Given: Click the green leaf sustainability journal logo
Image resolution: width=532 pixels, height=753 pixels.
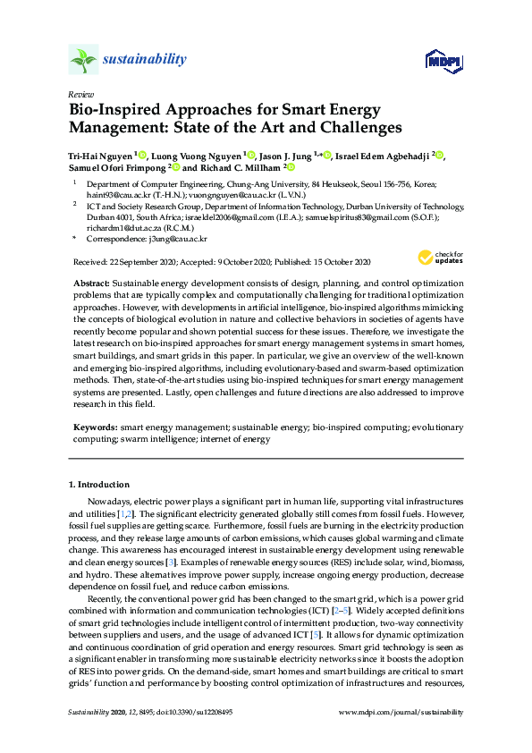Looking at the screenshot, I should pos(83,61).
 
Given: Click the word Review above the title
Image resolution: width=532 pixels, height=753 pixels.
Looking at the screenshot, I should pos(80,94).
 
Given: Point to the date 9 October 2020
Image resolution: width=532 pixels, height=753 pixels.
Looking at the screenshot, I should pos(240,262).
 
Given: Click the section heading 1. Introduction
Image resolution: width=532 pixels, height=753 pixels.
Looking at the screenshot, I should pos(99,485).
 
